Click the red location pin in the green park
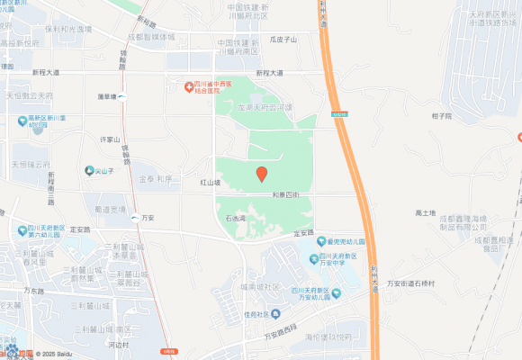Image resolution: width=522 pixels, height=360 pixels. click(261, 174)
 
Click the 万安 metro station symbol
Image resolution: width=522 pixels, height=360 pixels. click(135, 218)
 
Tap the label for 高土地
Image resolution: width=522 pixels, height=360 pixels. click(426, 212)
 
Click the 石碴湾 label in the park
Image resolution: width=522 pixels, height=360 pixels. click(236, 218)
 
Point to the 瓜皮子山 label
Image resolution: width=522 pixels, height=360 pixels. click(283, 40)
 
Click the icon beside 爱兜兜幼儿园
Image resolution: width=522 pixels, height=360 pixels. click(320, 241)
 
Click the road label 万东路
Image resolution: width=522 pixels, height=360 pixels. click(34, 291)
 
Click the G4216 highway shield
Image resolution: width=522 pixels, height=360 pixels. click(337, 114)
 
